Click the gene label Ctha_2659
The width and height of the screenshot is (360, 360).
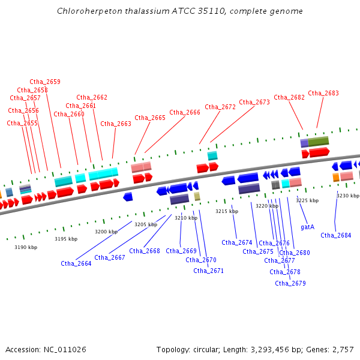[x=45, y=82]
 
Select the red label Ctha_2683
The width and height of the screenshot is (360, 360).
[x=323, y=93]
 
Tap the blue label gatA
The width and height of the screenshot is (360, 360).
[x=307, y=227]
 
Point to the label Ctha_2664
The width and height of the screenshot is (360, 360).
[x=76, y=263]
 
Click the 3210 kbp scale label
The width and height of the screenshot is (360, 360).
[x=186, y=218]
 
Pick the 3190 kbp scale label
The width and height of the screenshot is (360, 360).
[x=26, y=247]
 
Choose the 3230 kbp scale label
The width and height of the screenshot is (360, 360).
[x=347, y=196]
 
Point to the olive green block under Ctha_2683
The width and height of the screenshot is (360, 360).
[x=319, y=142]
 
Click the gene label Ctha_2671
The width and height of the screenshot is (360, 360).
[x=209, y=271]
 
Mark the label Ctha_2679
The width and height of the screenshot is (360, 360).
[x=290, y=283]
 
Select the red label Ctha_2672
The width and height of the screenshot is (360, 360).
[x=220, y=107]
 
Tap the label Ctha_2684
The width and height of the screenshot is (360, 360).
[x=336, y=235]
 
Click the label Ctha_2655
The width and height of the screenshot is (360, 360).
[x=22, y=123]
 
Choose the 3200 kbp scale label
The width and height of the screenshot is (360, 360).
[x=106, y=232]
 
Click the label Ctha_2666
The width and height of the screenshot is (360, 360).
[x=185, y=112]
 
